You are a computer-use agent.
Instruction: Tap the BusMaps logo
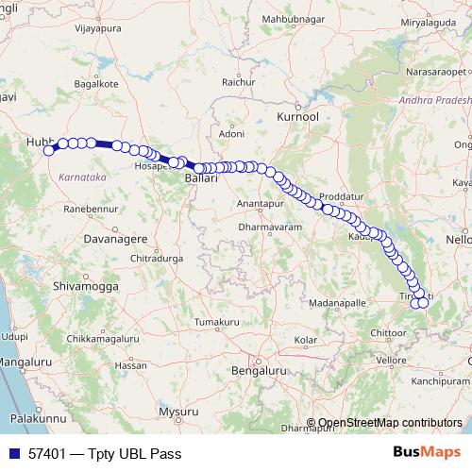[426, 452]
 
